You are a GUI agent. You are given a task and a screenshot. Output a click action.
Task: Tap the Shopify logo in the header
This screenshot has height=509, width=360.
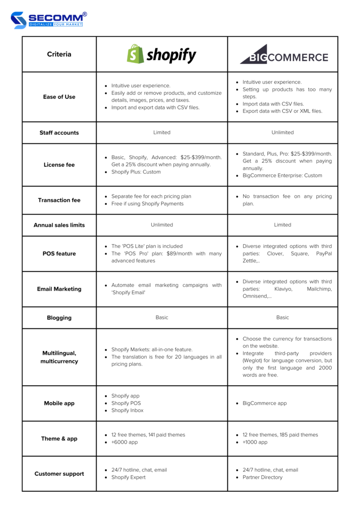click(162, 54)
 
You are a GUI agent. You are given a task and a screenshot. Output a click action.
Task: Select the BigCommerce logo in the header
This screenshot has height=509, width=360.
click(284, 55)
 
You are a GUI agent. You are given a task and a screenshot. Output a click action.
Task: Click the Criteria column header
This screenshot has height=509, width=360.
click(59, 54)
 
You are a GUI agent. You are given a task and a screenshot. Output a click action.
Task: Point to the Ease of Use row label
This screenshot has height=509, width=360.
click(59, 97)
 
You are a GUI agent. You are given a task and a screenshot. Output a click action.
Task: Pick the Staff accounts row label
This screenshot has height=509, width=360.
click(59, 133)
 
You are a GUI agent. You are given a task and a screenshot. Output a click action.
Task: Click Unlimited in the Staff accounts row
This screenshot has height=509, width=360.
click(283, 133)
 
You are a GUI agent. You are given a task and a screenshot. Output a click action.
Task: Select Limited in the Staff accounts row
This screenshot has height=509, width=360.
click(162, 133)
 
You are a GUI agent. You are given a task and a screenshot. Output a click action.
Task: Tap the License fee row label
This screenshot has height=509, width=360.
click(59, 165)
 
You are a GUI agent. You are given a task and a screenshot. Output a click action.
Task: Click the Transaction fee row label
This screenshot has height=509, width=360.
click(59, 200)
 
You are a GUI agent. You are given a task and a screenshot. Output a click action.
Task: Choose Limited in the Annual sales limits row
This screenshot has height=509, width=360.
click(283, 225)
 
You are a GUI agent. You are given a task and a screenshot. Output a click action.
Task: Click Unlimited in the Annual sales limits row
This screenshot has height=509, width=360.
click(162, 225)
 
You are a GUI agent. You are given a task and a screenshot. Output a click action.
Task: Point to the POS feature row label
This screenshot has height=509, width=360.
click(59, 254)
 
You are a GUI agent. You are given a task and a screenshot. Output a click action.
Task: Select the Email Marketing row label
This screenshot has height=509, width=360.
click(59, 289)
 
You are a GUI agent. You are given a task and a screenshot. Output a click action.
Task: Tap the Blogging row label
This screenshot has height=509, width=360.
click(59, 318)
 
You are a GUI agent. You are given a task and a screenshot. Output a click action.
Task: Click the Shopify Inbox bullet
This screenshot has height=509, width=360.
click(127, 411)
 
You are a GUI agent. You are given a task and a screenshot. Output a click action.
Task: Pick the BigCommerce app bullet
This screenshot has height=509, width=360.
click(264, 403)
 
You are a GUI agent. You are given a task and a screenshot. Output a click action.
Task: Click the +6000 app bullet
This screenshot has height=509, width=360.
click(124, 442)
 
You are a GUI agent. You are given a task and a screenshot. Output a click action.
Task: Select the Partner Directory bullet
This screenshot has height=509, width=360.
click(262, 477)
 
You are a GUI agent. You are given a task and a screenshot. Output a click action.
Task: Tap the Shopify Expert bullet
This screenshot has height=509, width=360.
click(128, 477)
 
